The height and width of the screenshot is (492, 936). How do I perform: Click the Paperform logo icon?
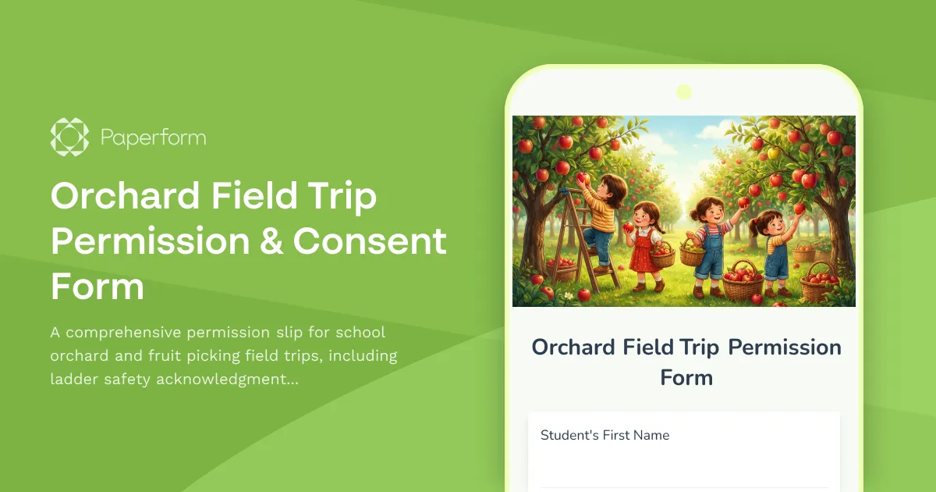[x=69, y=137]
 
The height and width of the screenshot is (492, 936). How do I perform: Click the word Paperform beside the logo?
[x=154, y=138]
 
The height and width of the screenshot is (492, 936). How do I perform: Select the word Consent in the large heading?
[x=370, y=242]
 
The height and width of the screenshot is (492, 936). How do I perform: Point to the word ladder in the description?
[x=75, y=380]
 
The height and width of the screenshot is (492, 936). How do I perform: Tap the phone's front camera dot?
[x=684, y=92]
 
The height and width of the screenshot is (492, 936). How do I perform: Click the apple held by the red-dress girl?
[x=628, y=227]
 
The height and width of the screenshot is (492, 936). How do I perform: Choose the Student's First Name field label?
[x=604, y=435]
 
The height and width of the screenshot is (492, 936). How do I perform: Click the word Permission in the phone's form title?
[x=785, y=348]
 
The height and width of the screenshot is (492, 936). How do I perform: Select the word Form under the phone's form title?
[x=686, y=378]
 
